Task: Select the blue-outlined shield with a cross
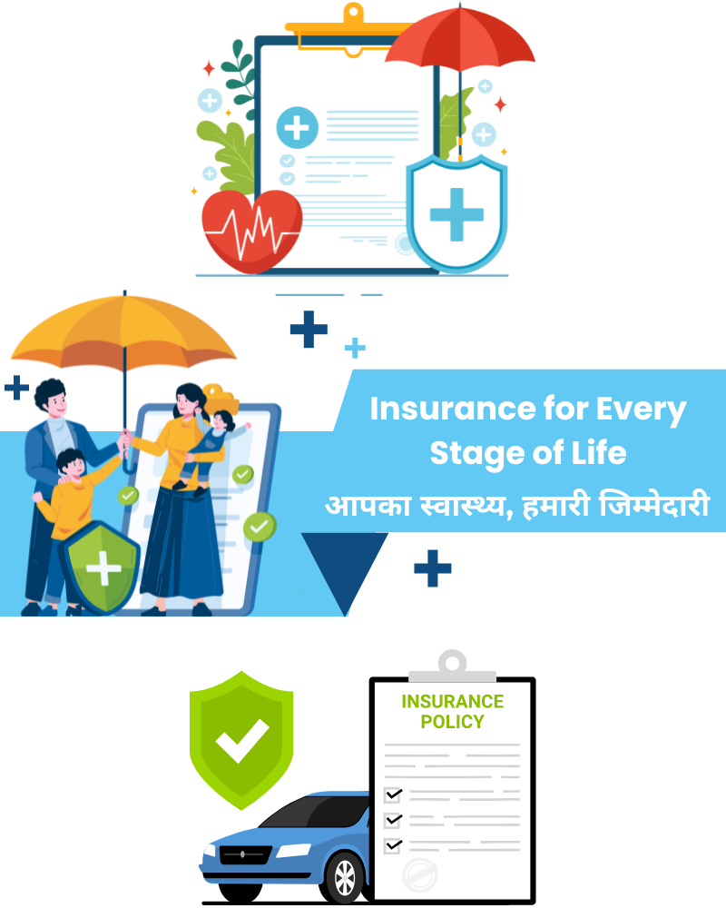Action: coord(456,213)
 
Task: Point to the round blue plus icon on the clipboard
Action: coord(297,127)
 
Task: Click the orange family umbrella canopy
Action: coord(124,333)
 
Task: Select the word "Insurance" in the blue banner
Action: coord(453,409)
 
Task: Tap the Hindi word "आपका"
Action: coord(368,506)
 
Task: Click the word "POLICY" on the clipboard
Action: coord(452,722)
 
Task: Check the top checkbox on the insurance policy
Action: coord(393,794)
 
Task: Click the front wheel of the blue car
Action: coord(345,877)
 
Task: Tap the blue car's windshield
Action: coord(316,812)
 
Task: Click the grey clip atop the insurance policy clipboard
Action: coord(452,666)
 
